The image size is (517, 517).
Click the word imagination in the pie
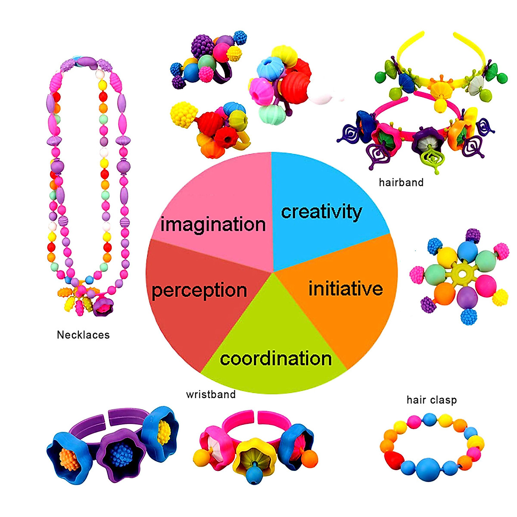[x=213, y=225]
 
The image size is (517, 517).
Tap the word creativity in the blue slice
[x=321, y=212]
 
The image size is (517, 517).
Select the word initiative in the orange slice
[x=346, y=289]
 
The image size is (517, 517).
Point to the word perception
[x=199, y=291]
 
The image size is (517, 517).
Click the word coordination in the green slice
[x=276, y=359]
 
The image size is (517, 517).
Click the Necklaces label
[x=83, y=335]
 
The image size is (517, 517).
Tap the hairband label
[x=401, y=182]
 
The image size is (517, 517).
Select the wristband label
[x=211, y=394]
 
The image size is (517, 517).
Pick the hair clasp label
[x=431, y=400]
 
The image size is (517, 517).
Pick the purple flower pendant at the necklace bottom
[x=103, y=305]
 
